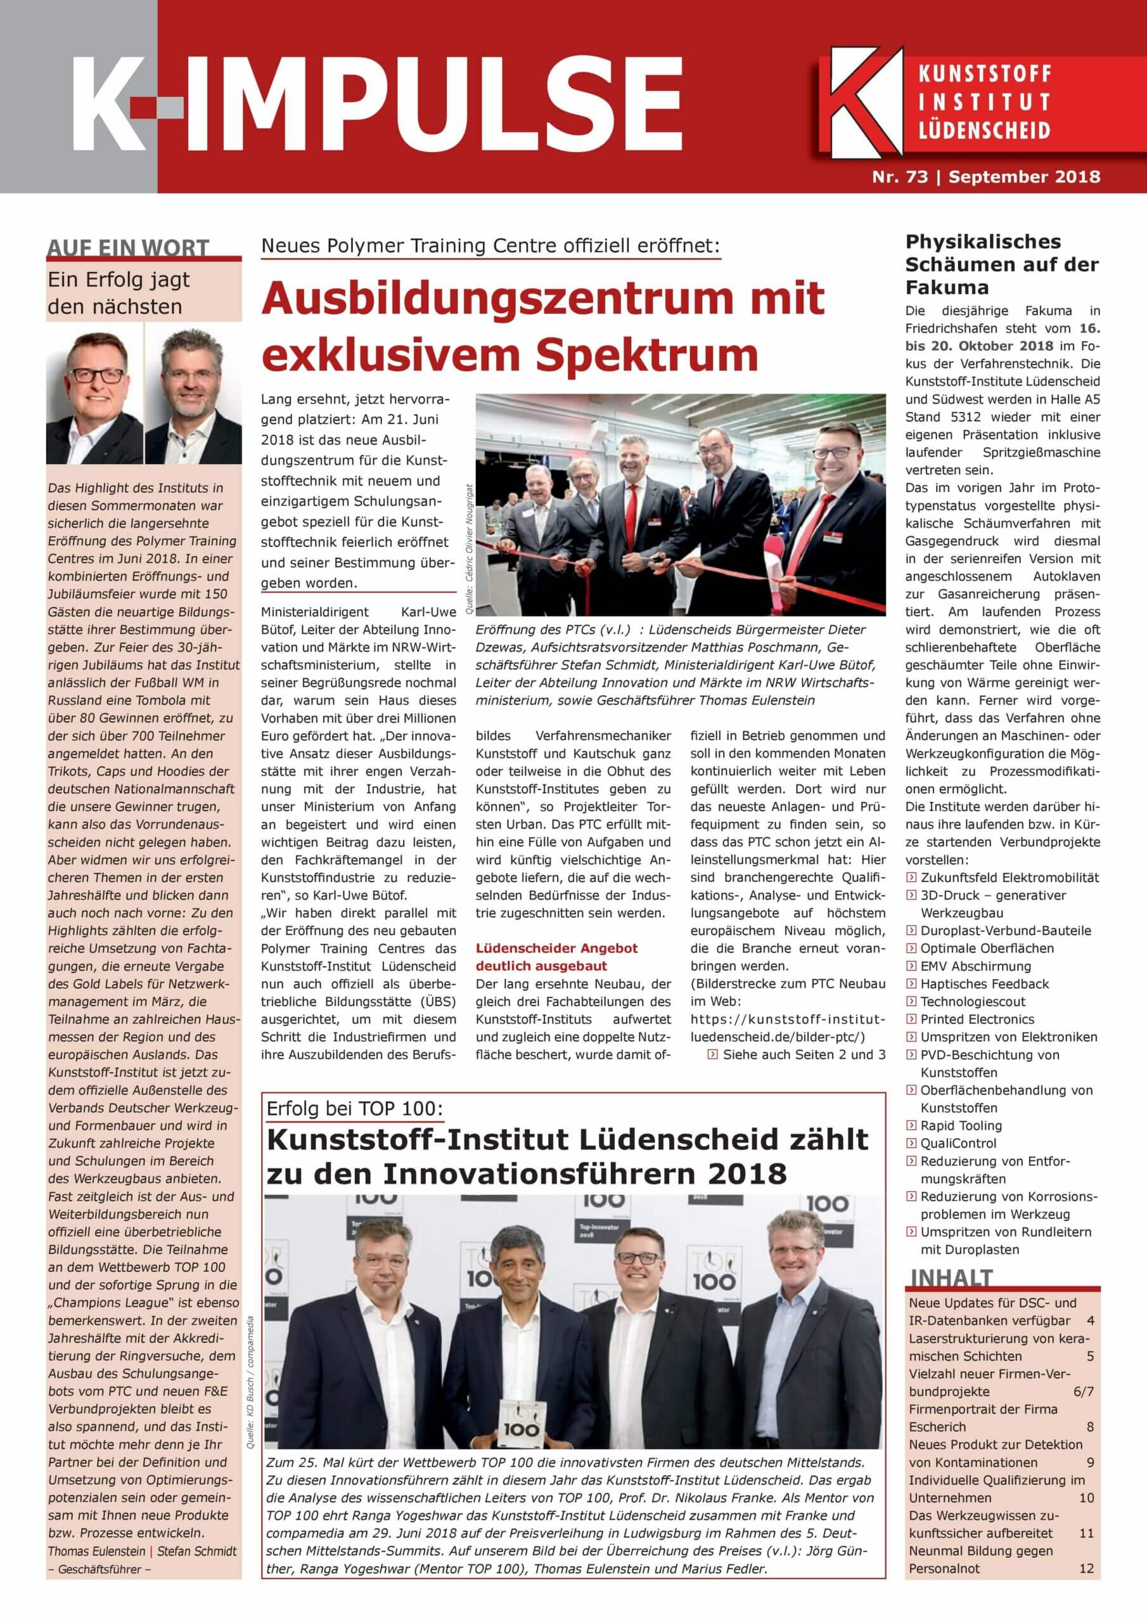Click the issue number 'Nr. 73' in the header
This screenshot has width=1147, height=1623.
pos(900,176)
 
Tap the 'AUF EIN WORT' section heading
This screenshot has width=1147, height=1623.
pos(128,248)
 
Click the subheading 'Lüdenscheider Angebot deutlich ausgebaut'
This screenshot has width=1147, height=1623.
pos(556,957)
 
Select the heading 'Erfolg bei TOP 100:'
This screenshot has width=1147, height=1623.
pos(355,1108)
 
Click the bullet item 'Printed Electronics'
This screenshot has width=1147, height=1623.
pos(977,1019)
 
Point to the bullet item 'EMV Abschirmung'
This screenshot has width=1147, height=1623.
pos(975,966)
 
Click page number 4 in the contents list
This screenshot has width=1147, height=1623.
pos(1091,1321)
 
